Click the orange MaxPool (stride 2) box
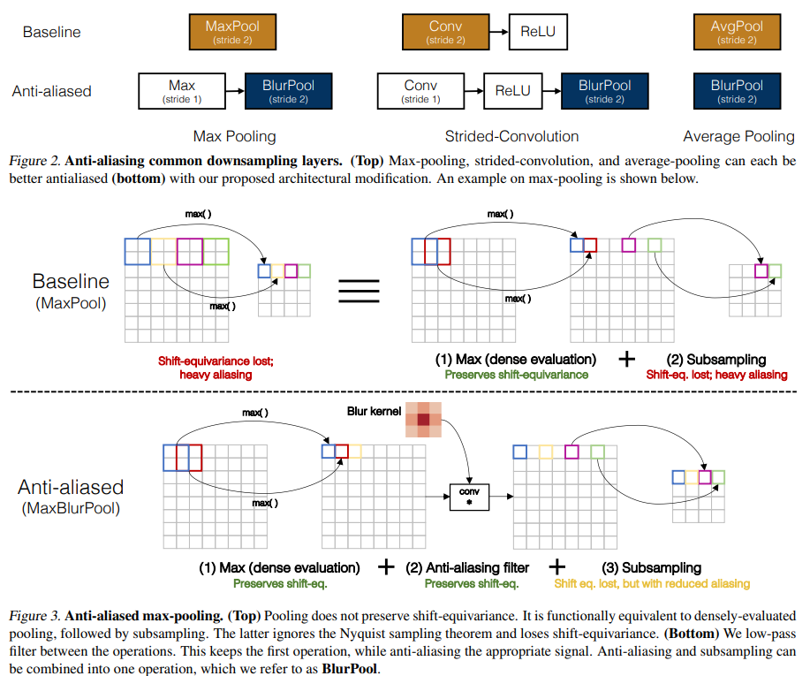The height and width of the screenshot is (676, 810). [232, 32]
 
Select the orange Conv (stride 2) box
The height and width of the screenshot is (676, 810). [445, 32]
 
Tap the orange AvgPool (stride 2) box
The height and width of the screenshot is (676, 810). [736, 32]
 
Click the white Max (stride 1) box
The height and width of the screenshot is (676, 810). [182, 91]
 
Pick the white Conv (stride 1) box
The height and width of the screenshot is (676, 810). [420, 91]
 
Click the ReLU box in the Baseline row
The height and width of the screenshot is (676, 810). [537, 33]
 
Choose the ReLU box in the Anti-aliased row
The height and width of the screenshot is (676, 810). [512, 91]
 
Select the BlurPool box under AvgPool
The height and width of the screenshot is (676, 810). [736, 91]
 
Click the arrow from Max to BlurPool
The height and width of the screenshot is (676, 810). [235, 91]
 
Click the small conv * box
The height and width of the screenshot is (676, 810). [470, 498]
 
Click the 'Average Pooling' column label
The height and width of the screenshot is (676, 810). [738, 136]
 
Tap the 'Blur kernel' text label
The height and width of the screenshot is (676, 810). [372, 412]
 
